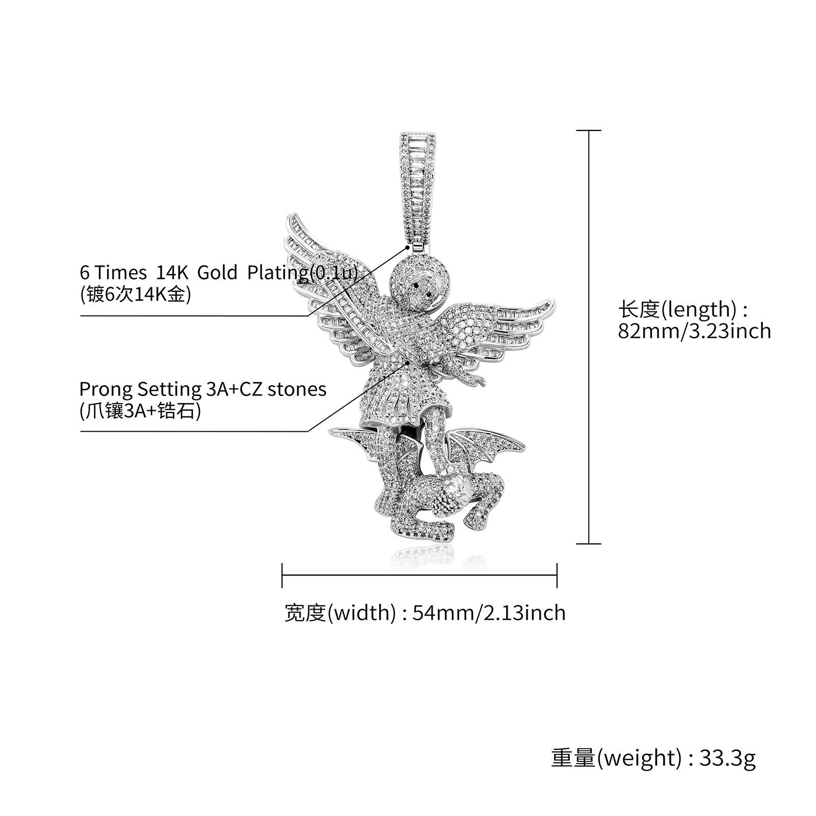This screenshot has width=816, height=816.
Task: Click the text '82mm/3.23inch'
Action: click(x=694, y=331)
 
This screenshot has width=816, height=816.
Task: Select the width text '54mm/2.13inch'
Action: click(x=489, y=612)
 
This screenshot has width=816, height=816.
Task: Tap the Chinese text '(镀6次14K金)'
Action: click(x=135, y=294)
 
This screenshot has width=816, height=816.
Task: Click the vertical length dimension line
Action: click(x=589, y=337)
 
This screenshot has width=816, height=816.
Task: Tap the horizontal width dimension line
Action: click(x=419, y=575)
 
